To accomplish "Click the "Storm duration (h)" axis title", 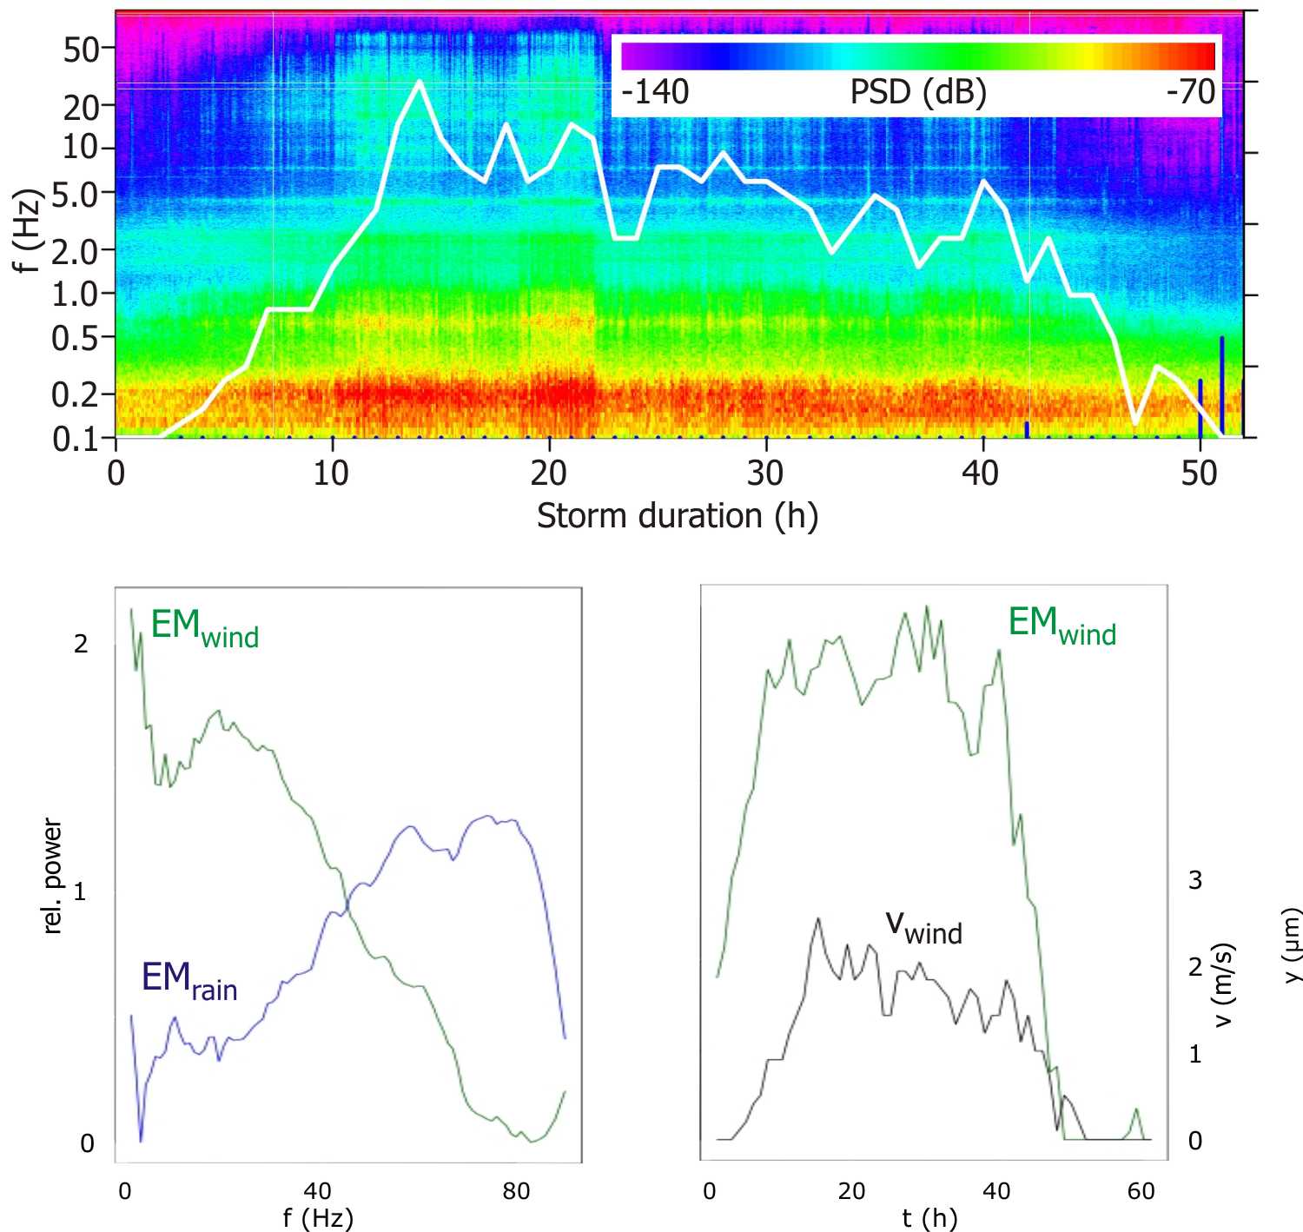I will click(x=677, y=517).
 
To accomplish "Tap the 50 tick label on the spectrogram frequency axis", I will click(x=82, y=50).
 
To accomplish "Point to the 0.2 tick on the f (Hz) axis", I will click(x=76, y=394).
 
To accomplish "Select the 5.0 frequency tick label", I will click(x=76, y=193).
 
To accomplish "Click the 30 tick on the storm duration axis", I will click(x=765, y=474).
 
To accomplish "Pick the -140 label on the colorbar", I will click(x=655, y=91).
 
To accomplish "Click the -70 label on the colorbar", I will click(x=1191, y=91).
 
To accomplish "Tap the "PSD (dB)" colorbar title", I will click(x=918, y=91).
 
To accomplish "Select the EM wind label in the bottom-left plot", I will click(x=205, y=626).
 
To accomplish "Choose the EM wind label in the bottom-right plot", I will click(x=1062, y=625).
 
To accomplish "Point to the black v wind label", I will click(x=923, y=926).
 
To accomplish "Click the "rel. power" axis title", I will click(x=53, y=876).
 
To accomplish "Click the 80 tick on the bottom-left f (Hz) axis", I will click(x=516, y=1191).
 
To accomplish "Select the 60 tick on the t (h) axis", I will click(x=1141, y=1191).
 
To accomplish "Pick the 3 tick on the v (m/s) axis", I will click(x=1195, y=880).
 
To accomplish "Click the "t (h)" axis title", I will click(x=929, y=1218).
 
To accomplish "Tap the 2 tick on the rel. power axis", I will click(x=81, y=644).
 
